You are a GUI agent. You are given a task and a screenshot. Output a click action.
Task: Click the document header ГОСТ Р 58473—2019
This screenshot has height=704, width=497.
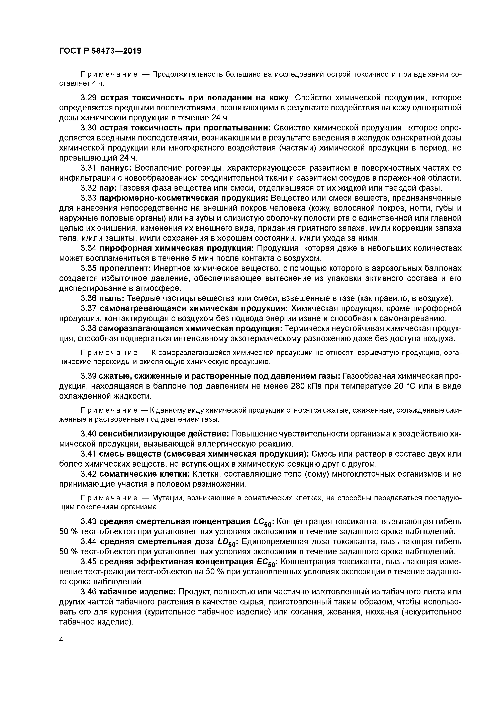click(100, 51)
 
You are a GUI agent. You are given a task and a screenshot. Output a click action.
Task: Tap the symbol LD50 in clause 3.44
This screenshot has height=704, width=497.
click(226, 542)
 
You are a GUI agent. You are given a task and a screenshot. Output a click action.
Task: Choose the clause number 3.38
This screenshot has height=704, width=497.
click(89, 328)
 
